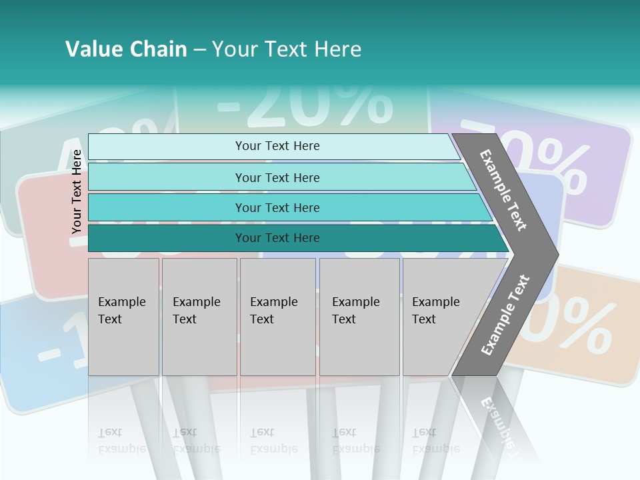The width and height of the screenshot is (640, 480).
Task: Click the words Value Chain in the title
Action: [x=126, y=49]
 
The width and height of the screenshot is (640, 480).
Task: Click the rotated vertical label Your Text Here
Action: [x=77, y=191]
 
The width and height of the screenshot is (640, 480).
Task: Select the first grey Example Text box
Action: [x=123, y=317]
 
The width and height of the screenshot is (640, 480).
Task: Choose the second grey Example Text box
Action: [x=199, y=317]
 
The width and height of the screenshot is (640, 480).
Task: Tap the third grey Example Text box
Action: [x=277, y=317]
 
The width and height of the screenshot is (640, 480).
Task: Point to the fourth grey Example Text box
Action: [x=359, y=317]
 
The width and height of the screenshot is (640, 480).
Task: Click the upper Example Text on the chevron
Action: [x=504, y=191]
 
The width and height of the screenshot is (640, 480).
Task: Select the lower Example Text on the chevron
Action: [x=505, y=315]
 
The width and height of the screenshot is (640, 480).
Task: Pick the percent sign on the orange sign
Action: [x=580, y=325]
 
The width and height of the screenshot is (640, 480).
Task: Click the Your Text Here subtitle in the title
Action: [x=287, y=49]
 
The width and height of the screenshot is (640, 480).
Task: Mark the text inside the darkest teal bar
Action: [x=277, y=238]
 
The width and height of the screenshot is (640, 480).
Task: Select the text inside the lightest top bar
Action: [x=277, y=146]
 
